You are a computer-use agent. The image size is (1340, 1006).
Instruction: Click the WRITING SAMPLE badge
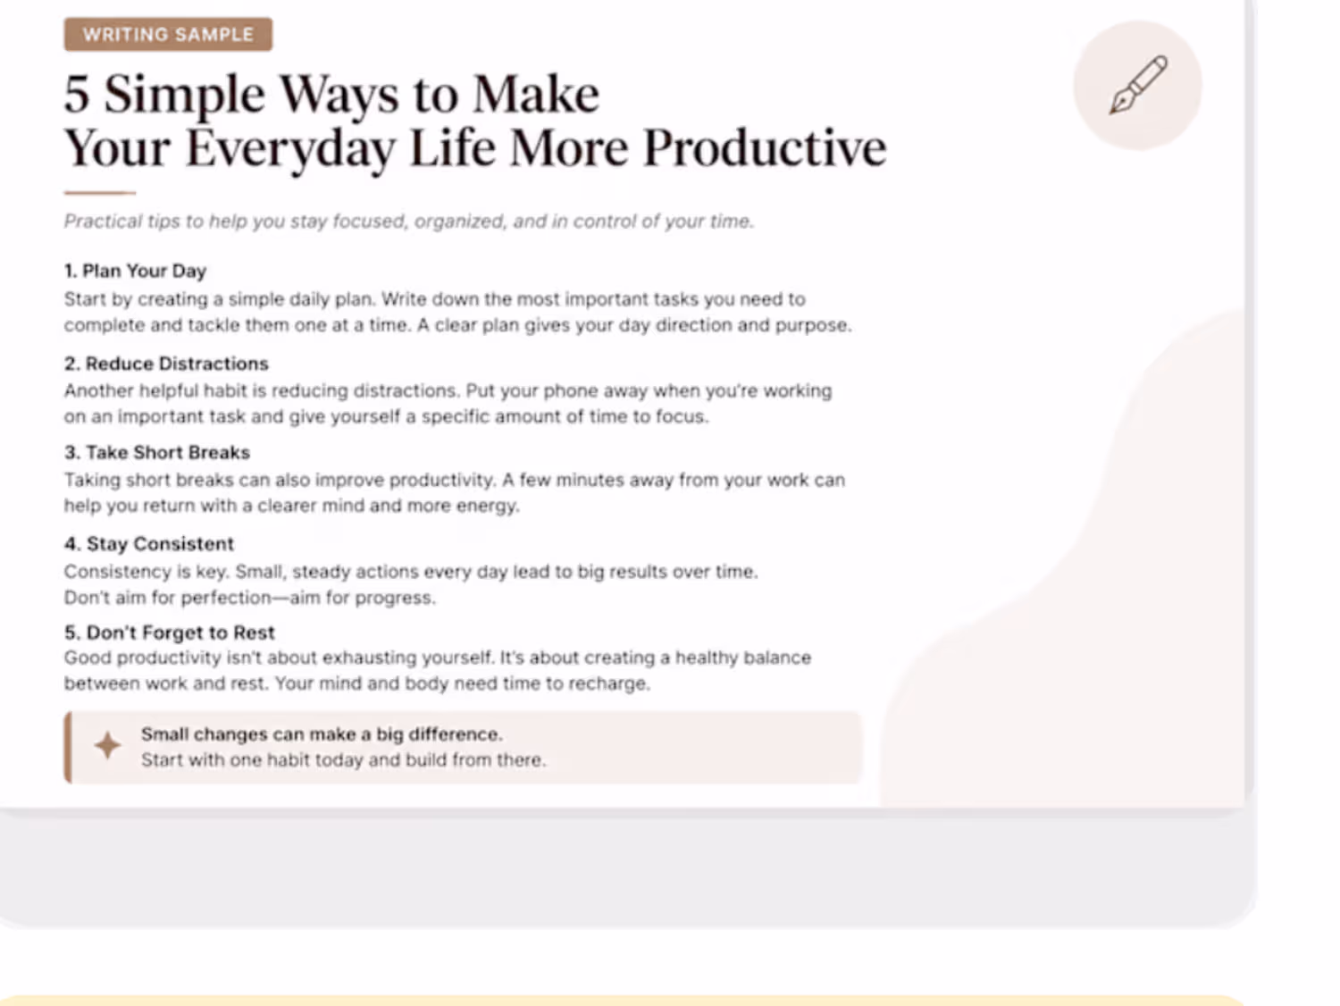[x=168, y=34]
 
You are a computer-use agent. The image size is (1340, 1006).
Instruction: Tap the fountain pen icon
[x=1138, y=85]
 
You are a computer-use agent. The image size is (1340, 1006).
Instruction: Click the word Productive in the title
[x=765, y=148]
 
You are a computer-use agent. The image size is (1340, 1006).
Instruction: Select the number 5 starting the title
[x=77, y=96]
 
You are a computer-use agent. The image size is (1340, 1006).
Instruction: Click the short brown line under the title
[x=99, y=193]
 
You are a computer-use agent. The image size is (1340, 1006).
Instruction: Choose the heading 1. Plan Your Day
[x=135, y=271]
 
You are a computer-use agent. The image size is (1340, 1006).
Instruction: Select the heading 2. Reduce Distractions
[x=166, y=364]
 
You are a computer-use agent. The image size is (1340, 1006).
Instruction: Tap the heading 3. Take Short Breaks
[x=157, y=452]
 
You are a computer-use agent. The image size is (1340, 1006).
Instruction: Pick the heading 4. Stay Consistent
[x=149, y=544]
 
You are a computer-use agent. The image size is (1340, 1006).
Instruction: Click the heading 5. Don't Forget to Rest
[x=169, y=633]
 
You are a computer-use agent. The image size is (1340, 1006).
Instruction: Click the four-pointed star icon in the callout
[x=107, y=745]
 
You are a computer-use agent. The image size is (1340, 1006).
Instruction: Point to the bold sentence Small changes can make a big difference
[x=322, y=734]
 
